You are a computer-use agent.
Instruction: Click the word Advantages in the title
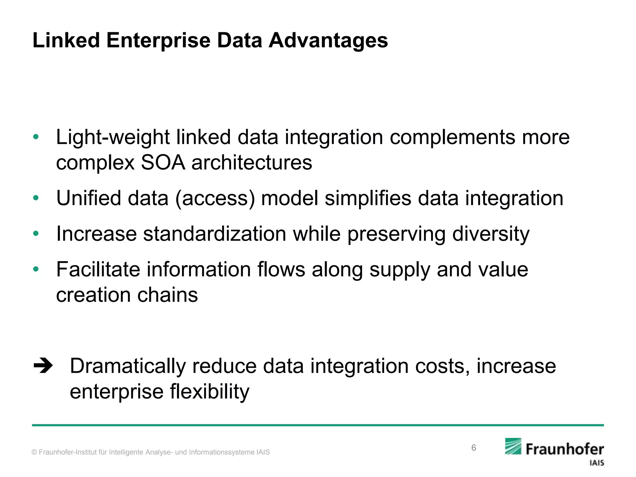pos(328,41)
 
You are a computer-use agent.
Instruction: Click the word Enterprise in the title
pos(158,41)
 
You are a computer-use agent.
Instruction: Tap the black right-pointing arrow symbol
pos(43,366)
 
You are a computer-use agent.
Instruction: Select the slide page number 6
pos(474,447)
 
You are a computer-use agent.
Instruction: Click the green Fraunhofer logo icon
pos(513,446)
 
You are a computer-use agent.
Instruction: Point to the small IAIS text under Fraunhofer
pos(597,463)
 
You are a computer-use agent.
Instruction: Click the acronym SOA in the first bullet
pos(163,163)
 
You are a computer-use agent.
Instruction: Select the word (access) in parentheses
pos(215,198)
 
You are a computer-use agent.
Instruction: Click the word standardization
pos(214,234)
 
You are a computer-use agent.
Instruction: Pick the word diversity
pos(491,234)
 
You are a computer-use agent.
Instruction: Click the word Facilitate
pos(98,269)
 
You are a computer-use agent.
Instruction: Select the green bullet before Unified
pos(36,198)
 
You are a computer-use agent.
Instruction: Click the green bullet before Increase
pos(36,234)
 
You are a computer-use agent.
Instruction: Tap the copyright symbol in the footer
pos(34,452)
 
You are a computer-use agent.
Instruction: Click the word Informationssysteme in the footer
pos(222,452)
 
